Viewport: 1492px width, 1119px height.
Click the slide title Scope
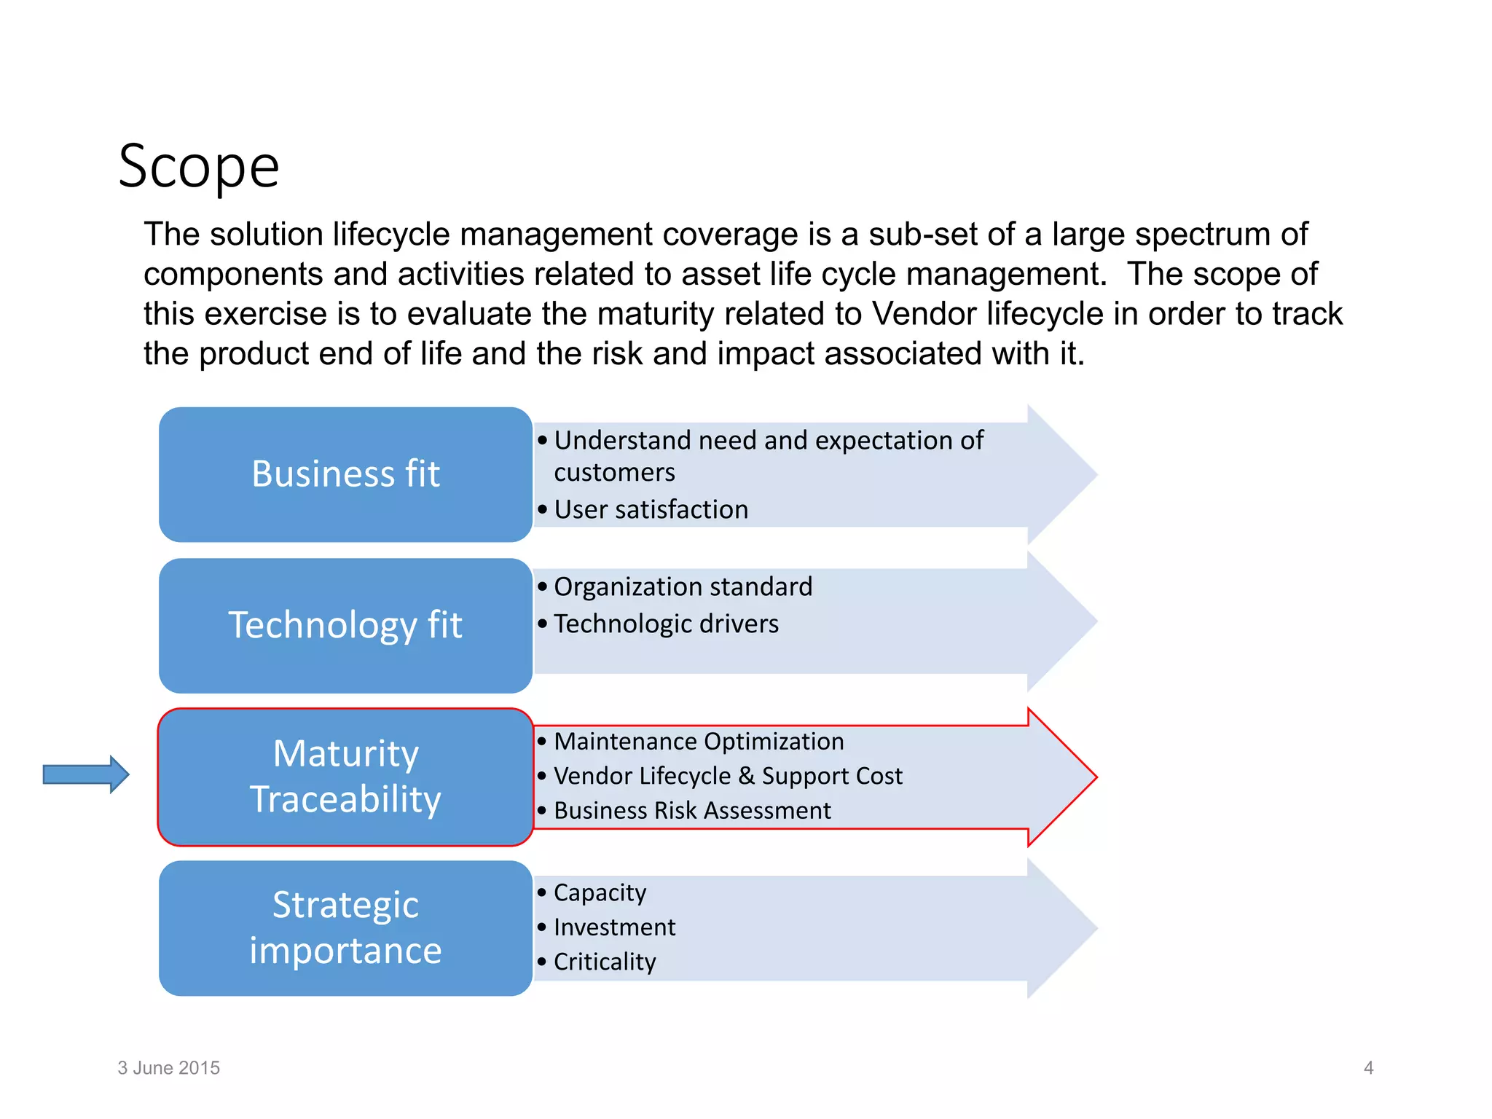[199, 167]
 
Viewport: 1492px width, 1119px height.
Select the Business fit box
[345, 474]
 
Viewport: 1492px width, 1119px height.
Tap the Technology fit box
[345, 625]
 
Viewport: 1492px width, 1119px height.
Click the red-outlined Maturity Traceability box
[345, 777]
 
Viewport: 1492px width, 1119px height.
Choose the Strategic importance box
[345, 928]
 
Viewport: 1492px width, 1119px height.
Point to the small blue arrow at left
[86, 774]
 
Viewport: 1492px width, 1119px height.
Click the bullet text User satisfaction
[651, 509]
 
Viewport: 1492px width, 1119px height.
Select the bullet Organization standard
[683, 586]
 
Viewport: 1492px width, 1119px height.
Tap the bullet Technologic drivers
[666, 624]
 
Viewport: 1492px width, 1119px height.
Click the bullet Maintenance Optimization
[699, 741]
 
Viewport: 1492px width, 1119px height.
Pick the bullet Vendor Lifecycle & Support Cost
[728, 776]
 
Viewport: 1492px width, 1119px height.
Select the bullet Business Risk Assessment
[692, 810]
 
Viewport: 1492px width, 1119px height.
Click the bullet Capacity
[600, 892]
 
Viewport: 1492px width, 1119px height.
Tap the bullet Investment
[614, 927]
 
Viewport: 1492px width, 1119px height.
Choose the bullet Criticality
[605, 962]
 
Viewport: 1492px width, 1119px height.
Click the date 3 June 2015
[168, 1068]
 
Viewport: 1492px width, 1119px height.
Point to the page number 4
[1368, 1068]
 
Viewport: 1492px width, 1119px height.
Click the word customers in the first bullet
[614, 472]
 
